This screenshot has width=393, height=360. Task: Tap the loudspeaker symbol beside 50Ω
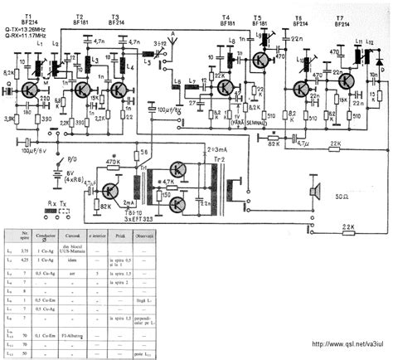point(315,192)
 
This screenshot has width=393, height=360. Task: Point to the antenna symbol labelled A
point(172,37)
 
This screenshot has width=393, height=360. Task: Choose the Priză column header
point(143,238)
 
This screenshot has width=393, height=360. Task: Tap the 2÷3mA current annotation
point(210,146)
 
